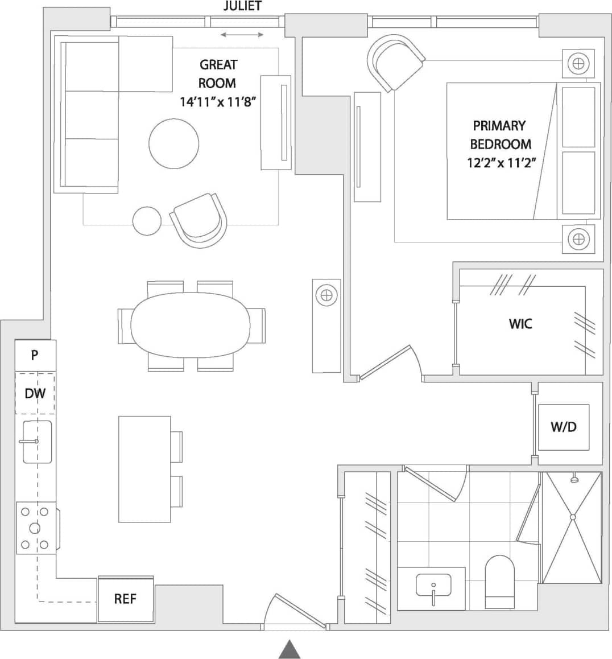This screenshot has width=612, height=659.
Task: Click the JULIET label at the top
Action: pyautogui.click(x=242, y=6)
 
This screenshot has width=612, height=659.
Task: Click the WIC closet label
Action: pyautogui.click(x=520, y=324)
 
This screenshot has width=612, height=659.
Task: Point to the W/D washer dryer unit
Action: pyautogui.click(x=563, y=427)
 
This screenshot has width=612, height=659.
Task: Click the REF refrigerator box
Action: pyautogui.click(x=126, y=599)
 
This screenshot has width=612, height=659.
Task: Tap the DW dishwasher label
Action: pyautogui.click(x=35, y=393)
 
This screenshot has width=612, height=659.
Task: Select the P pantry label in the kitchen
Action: pyautogui.click(x=35, y=355)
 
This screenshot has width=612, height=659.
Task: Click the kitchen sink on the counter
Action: pyautogui.click(x=37, y=442)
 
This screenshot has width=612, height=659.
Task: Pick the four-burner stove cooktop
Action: pyautogui.click(x=35, y=528)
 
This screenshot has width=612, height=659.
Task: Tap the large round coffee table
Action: pyautogui.click(x=174, y=143)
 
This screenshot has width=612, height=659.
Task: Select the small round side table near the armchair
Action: pyautogui.click(x=147, y=221)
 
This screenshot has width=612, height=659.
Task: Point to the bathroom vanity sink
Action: pyautogui.click(x=433, y=586)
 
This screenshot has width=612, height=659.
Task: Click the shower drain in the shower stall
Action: pyautogui.click(x=573, y=517)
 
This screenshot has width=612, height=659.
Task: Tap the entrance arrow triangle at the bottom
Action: pyautogui.click(x=290, y=649)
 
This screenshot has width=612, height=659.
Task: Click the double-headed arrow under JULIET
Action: pyautogui.click(x=242, y=35)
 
